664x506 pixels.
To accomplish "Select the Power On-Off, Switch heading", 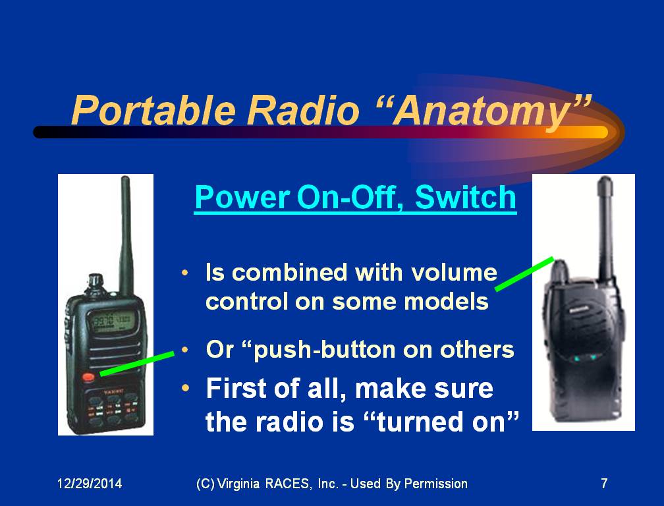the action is (x=355, y=198).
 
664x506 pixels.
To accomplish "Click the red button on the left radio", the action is (x=88, y=376).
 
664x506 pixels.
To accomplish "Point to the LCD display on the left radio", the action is (x=111, y=320).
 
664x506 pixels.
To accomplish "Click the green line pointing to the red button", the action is (x=137, y=363).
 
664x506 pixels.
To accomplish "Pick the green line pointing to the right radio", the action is (x=524, y=273).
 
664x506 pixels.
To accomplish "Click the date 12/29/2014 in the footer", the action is (x=90, y=483).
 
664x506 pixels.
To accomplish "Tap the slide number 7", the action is (x=604, y=483).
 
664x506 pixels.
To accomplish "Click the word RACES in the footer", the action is (x=287, y=483).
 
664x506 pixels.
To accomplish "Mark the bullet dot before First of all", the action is (x=185, y=387).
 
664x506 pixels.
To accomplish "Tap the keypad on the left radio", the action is (x=112, y=407).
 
